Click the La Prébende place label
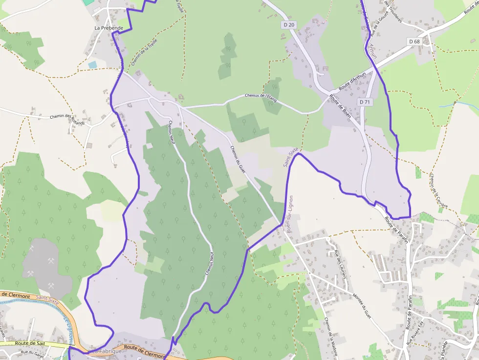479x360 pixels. (109, 28)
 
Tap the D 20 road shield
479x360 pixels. (289, 24)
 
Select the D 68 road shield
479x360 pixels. (414, 42)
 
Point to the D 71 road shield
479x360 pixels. (364, 102)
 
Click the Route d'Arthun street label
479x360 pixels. (352, 80)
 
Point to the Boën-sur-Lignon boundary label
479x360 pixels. (290, 214)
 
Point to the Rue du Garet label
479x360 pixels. (32, 352)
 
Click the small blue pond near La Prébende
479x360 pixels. (92, 64)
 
